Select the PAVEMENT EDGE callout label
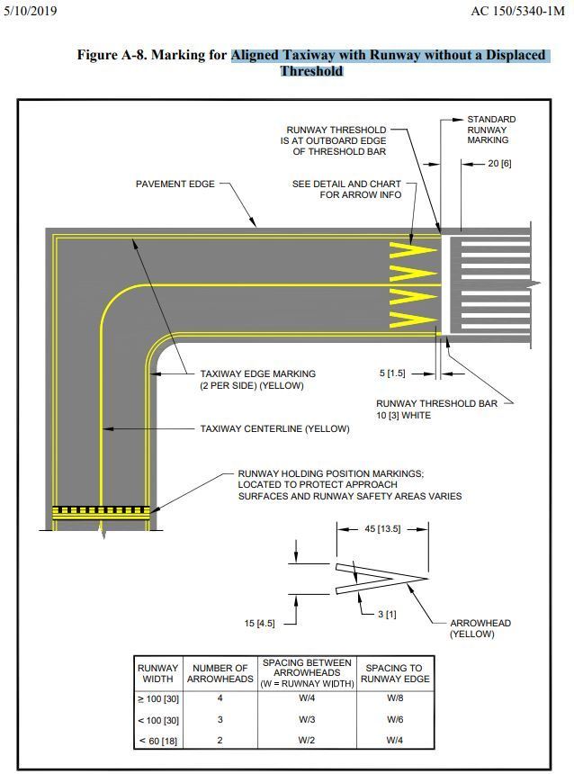(175, 184)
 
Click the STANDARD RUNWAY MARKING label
(491, 130)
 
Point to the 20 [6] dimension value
(499, 164)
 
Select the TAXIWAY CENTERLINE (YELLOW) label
(274, 429)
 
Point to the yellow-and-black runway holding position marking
(101, 511)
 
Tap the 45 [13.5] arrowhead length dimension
(381, 529)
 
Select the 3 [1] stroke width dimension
(385, 614)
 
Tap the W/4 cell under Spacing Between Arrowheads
(306, 698)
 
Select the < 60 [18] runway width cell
(157, 742)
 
